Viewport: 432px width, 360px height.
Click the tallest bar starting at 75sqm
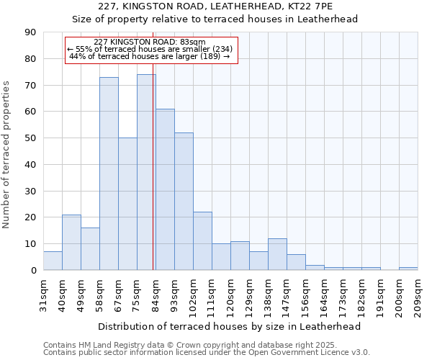tap(146, 172)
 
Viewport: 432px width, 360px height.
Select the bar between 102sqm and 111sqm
tap(202, 241)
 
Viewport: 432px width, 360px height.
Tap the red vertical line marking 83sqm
tap(153, 180)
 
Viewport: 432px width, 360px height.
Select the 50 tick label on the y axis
tap(31, 138)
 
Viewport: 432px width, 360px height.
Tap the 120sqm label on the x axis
tap(230, 294)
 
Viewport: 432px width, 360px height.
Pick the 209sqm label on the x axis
tap(418, 294)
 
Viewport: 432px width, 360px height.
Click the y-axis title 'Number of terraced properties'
tap(6, 155)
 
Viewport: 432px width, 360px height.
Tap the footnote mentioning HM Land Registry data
tap(205, 344)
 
